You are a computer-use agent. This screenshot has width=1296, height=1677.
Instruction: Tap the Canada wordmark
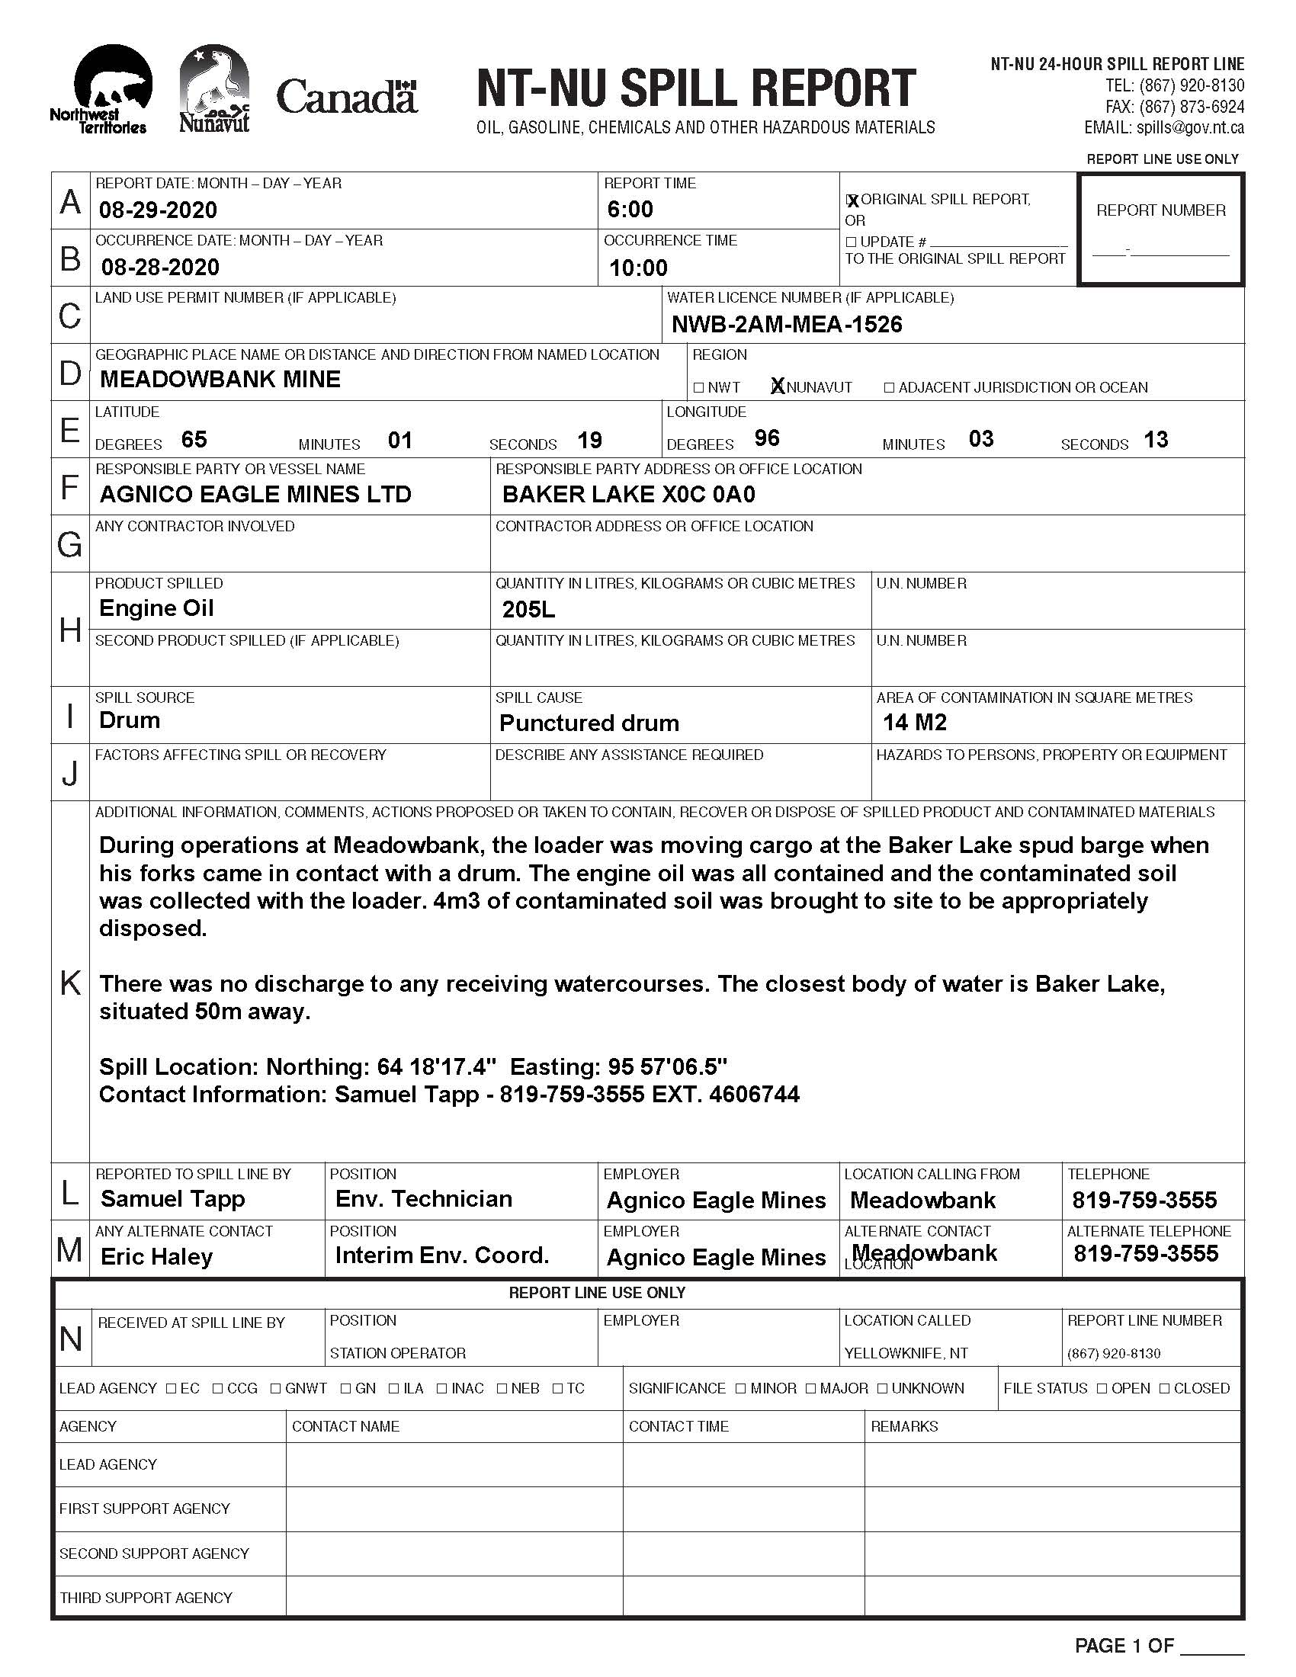click(346, 97)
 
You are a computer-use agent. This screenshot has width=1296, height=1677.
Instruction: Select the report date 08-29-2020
click(158, 210)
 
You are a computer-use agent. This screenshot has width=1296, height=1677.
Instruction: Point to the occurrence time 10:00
click(638, 268)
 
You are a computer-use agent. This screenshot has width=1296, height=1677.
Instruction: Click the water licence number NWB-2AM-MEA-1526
click(787, 325)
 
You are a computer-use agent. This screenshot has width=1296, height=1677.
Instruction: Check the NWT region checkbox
click(698, 388)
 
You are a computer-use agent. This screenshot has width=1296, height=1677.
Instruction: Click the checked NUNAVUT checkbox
click(778, 387)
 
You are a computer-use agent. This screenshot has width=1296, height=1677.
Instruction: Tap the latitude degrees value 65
click(194, 439)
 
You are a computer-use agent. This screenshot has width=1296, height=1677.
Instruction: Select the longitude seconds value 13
click(1156, 440)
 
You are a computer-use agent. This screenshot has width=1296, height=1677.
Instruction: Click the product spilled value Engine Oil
click(156, 608)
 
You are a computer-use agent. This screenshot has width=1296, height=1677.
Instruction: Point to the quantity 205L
click(528, 610)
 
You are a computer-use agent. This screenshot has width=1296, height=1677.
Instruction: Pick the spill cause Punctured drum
click(589, 723)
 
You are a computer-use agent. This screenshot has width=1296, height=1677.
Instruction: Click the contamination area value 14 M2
click(914, 723)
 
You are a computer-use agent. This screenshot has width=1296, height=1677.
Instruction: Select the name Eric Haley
click(156, 1257)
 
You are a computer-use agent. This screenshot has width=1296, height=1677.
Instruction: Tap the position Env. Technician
click(424, 1198)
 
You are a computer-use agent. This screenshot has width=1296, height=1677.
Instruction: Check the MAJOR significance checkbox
click(812, 1388)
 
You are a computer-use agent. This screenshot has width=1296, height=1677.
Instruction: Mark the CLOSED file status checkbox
click(1165, 1388)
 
